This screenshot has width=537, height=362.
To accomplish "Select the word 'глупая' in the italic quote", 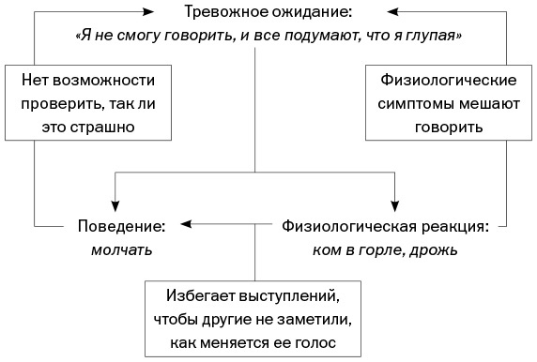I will (x=438, y=35).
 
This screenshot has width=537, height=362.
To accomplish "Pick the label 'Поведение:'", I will (x=121, y=226).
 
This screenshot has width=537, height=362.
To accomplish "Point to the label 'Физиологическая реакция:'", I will (x=385, y=226).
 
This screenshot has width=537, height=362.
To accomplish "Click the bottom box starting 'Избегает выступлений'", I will (x=255, y=320).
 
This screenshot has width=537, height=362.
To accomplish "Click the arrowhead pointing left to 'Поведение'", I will (x=187, y=225).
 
